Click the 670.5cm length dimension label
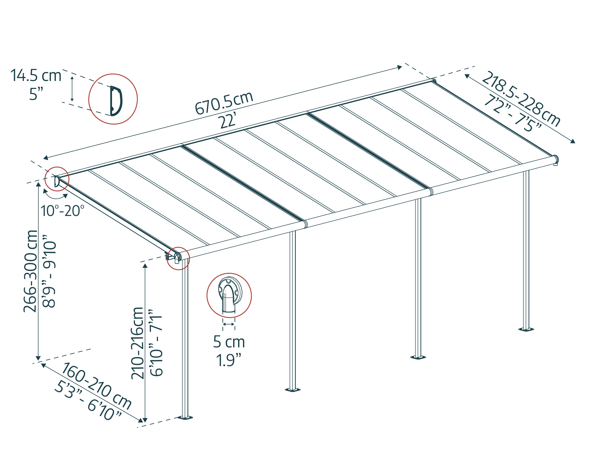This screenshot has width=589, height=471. tap(224, 103)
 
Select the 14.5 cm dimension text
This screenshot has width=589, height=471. tap(36, 75)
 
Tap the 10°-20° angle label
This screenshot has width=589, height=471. tap(62, 211)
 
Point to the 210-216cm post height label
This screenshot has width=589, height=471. tap(137, 343)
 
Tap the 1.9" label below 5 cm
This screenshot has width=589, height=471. tap(229, 360)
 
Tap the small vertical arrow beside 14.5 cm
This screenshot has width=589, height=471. tap(72, 89)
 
